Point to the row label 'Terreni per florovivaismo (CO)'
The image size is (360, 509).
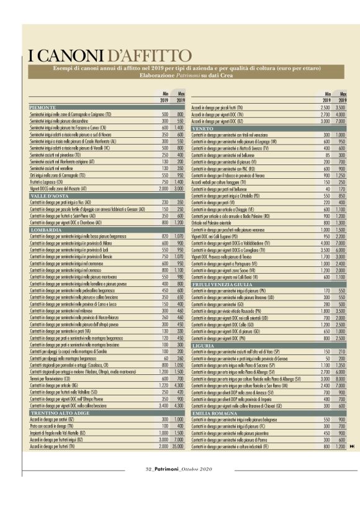[52, 361]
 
